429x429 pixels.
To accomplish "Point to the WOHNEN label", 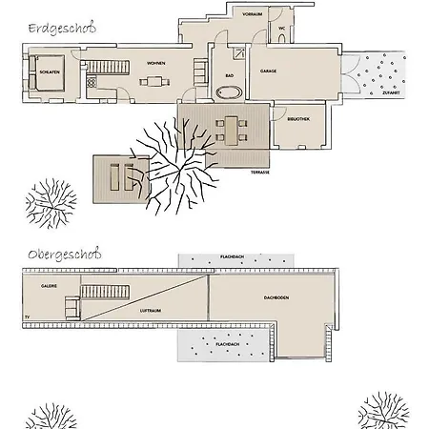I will [x=156, y=63].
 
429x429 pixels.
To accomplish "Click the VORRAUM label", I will [x=252, y=15].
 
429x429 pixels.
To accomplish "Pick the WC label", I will [x=282, y=29].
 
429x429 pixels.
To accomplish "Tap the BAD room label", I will [x=230, y=74].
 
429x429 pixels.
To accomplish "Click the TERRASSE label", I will [x=259, y=172].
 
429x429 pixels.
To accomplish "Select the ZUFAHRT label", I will [x=390, y=93].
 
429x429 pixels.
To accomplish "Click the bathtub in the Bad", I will [x=230, y=92].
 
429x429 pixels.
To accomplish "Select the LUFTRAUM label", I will [x=149, y=311].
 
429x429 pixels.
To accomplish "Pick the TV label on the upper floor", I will [x=28, y=314].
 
